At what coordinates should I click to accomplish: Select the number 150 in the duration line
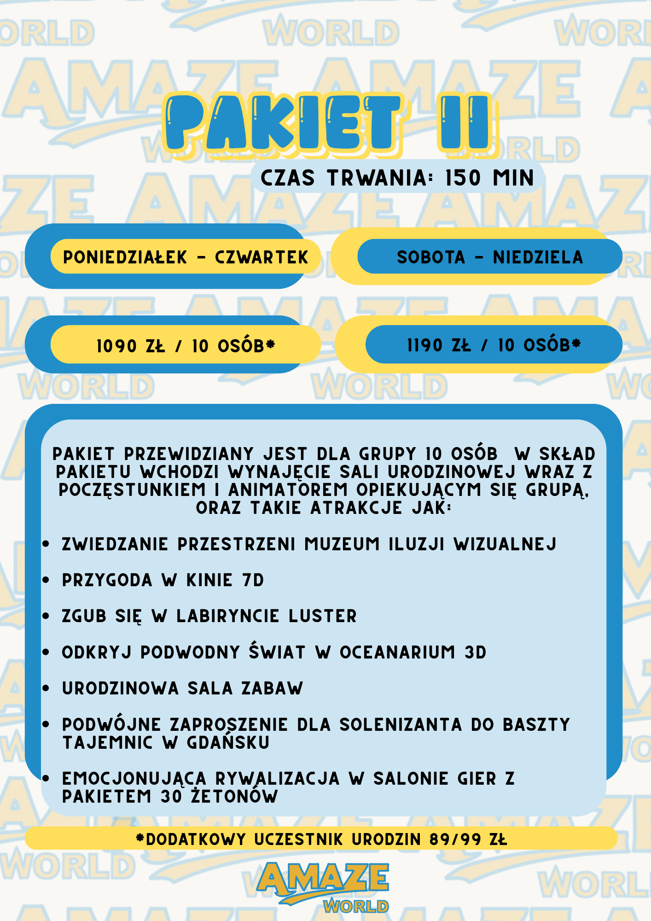tap(463, 178)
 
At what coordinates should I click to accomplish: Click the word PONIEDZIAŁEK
tap(125, 257)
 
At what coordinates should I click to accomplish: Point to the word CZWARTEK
tap(262, 257)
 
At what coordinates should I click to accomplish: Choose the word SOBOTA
tap(431, 257)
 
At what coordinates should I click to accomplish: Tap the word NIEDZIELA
tap(538, 257)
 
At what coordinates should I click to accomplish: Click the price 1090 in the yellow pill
tap(117, 346)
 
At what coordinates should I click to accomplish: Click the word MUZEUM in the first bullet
tap(342, 544)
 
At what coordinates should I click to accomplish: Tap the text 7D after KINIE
tap(253, 580)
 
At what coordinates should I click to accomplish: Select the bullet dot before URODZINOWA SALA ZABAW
tap(46, 688)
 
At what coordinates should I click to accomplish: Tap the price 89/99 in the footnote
tap(455, 839)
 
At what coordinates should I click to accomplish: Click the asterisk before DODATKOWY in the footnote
tap(140, 839)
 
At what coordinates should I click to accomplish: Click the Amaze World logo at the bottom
tap(324, 886)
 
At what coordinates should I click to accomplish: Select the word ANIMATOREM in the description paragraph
tap(288, 490)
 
